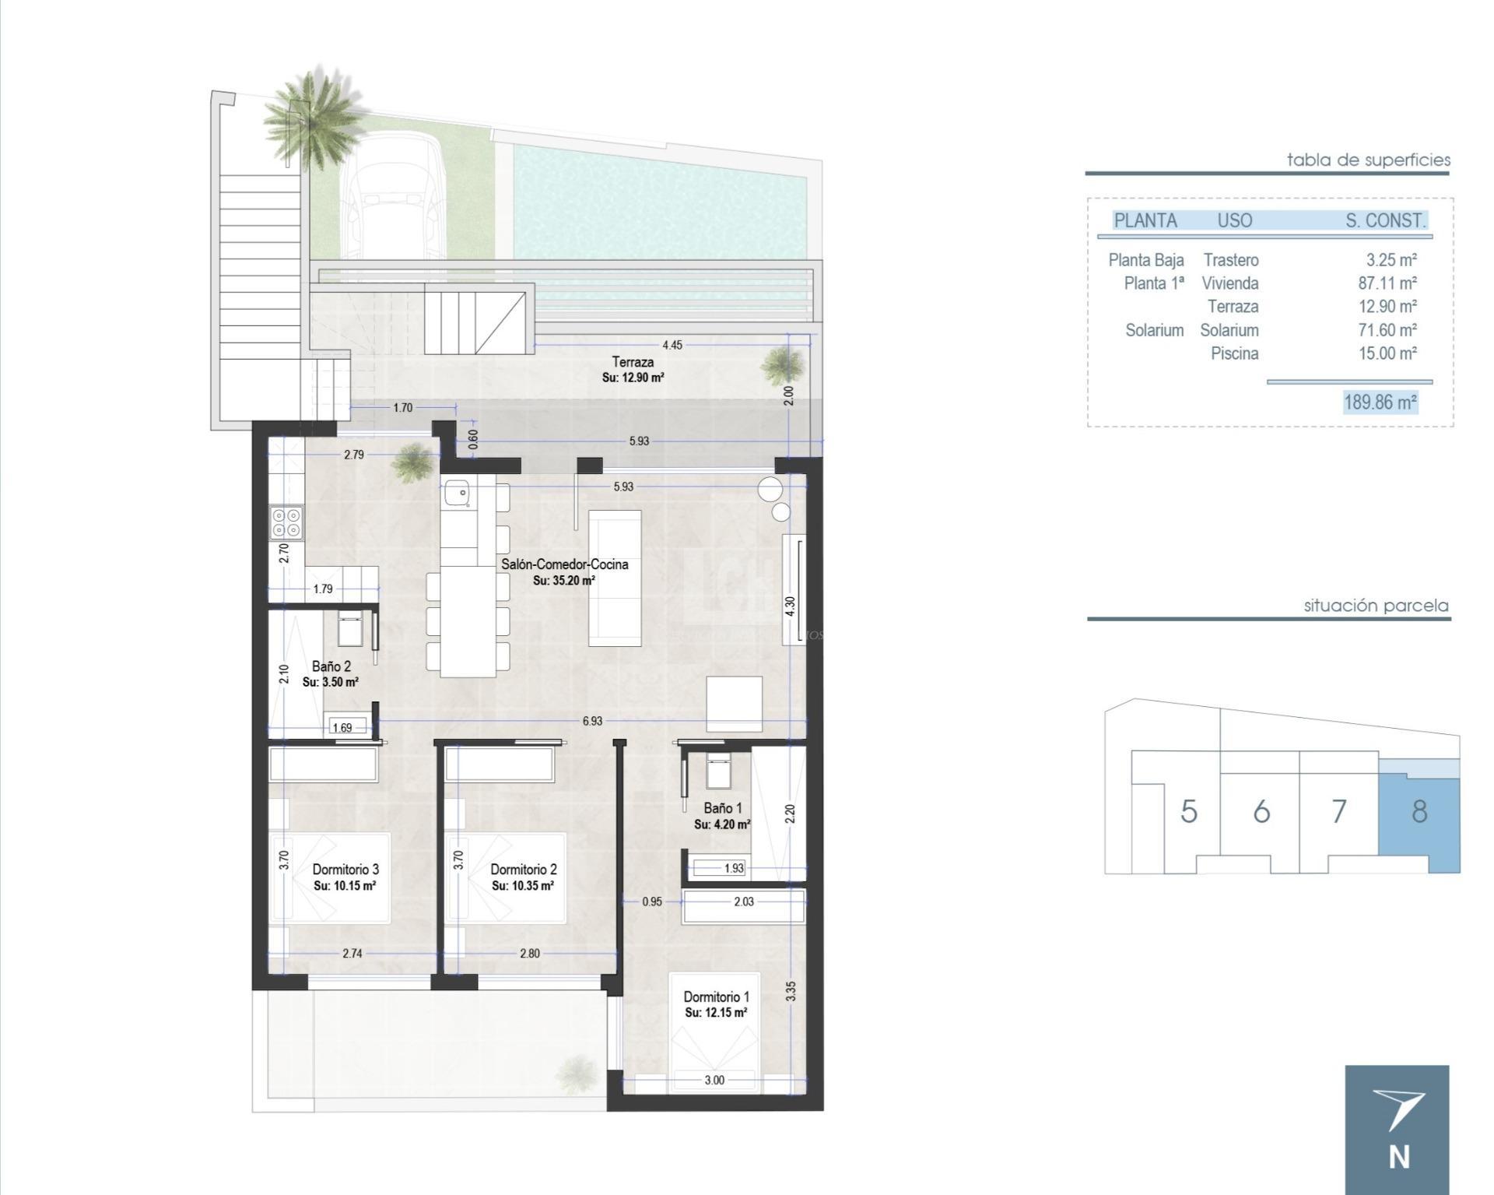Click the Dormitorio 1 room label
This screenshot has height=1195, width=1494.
(x=716, y=996)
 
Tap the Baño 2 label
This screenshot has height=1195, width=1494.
(x=331, y=666)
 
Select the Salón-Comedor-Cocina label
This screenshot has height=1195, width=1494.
(x=564, y=564)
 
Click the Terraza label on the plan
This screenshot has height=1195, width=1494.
(x=633, y=362)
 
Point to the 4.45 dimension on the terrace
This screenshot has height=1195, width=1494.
(x=672, y=345)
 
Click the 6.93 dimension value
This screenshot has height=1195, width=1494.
(x=592, y=721)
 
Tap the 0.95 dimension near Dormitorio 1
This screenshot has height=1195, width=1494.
(x=652, y=902)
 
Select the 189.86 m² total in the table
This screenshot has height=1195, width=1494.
(x=1380, y=402)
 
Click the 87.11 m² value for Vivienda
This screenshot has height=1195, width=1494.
(x=1387, y=283)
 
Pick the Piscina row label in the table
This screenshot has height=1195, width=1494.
(x=1234, y=353)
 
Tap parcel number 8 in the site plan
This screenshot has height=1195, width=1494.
(x=1419, y=812)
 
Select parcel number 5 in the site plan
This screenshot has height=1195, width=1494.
(x=1188, y=812)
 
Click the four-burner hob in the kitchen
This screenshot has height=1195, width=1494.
(x=286, y=522)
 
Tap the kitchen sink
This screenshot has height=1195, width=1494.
(x=456, y=493)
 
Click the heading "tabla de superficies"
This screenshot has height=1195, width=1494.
(x=1368, y=160)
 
